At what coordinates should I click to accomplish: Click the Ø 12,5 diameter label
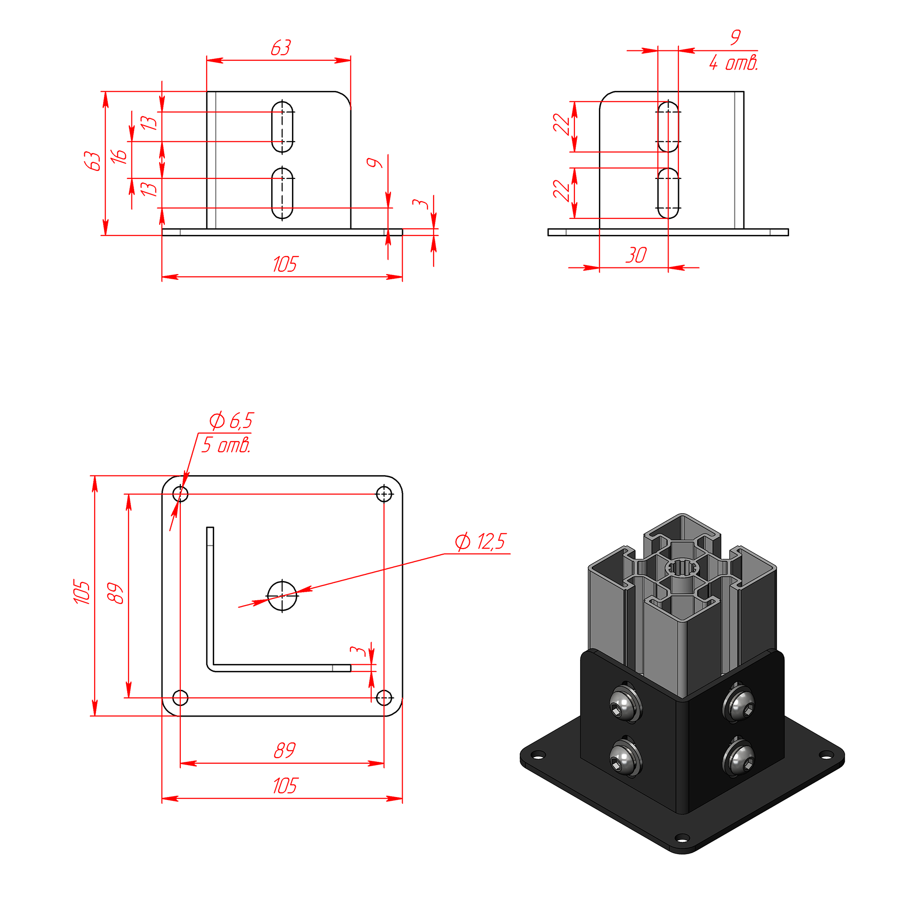coord(480,541)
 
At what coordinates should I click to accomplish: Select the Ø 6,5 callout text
coord(231,420)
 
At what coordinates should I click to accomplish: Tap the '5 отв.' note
coord(226,445)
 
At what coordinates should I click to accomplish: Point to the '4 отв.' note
coord(734,63)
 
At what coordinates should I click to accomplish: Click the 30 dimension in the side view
coord(636,255)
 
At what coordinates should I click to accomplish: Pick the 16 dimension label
coord(119,156)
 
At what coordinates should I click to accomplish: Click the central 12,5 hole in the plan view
coord(282,596)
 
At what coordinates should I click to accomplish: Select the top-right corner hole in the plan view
coord(384,494)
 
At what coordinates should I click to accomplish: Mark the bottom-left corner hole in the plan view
coord(180,698)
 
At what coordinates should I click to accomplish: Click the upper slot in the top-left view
coord(282,127)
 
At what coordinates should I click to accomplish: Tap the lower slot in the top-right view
coord(668,194)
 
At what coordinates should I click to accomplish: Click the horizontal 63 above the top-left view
coord(281,48)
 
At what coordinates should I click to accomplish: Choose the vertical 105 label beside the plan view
coord(81,592)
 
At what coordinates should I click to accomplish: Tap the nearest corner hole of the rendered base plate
coord(682,838)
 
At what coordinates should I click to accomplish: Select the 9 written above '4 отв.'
coord(735,37)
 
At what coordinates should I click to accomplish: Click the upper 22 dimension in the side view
coord(561,124)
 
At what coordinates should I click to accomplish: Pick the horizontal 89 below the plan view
coord(285,750)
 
